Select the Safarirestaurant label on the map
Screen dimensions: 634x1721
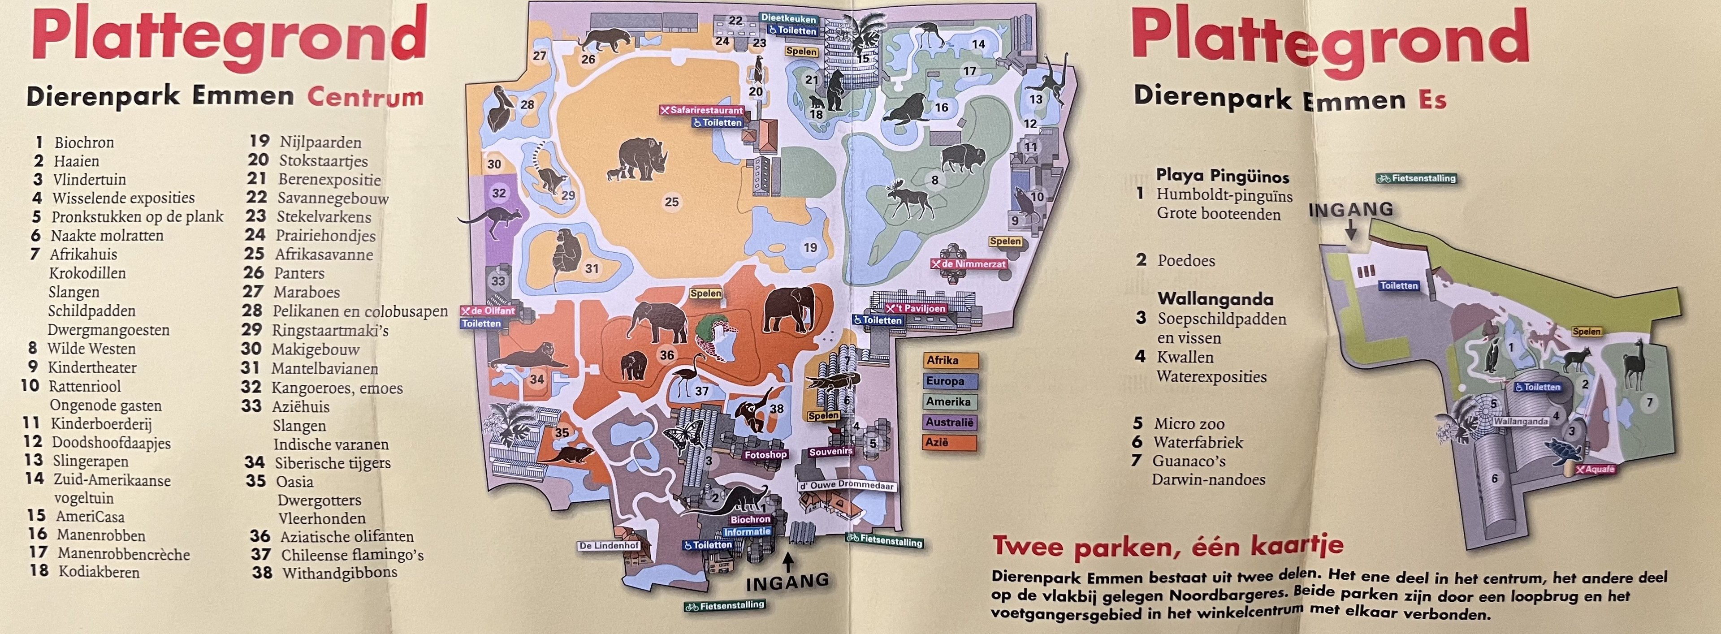701,110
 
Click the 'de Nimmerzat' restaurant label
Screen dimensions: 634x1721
969,264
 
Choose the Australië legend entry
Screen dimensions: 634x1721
951,422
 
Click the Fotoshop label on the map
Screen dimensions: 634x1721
765,454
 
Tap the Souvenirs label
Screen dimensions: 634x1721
831,452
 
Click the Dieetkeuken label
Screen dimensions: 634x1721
788,19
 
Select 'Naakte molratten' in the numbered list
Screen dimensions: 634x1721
107,236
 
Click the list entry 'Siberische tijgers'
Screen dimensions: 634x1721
332,463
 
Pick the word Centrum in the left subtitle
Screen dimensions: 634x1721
365,97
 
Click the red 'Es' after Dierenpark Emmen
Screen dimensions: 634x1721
1432,100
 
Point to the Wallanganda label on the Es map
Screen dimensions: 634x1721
1521,422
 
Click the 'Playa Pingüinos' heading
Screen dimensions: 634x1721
1223,177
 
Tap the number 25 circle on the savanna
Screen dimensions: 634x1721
671,202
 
